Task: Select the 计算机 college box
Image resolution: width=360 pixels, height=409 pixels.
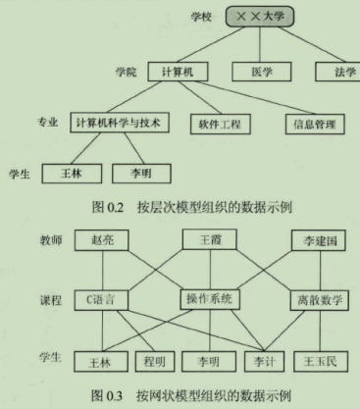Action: [x=179, y=72]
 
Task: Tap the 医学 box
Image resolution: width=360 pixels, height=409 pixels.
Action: [x=258, y=72]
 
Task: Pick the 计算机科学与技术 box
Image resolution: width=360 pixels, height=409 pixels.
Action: [x=120, y=124]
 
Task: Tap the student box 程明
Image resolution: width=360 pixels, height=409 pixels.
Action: [x=154, y=359]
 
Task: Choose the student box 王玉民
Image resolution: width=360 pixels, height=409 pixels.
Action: [x=320, y=360]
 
